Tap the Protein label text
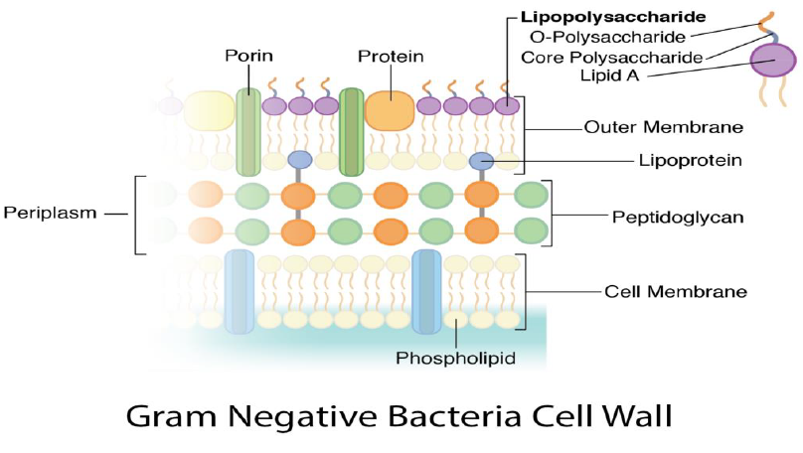(391, 57)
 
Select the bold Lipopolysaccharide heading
(613, 17)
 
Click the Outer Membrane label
(664, 127)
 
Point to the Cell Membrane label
(676, 292)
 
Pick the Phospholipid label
(455, 358)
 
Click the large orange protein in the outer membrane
(390, 109)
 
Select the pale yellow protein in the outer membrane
(209, 109)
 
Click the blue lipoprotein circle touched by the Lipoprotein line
(482, 159)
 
